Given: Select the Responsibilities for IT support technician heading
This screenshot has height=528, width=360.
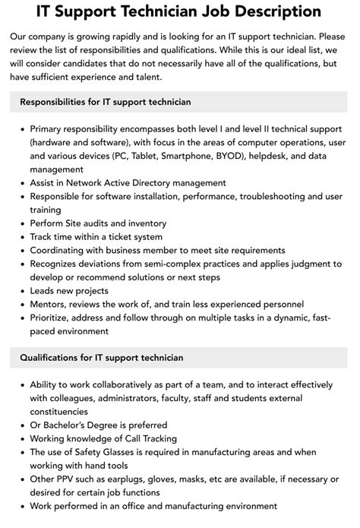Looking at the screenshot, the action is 106,102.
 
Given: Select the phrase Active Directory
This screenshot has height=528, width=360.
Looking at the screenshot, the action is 146,183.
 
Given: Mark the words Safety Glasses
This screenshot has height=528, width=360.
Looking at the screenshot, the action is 108,452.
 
